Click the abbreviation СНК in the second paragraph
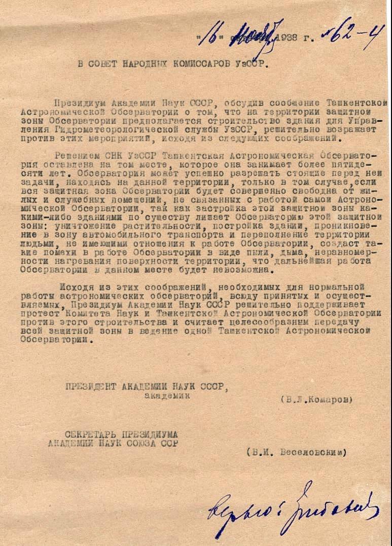coord(105,155)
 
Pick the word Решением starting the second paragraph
coord(76,155)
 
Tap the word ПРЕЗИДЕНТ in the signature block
coord(91,387)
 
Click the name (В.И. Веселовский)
coord(297,452)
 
